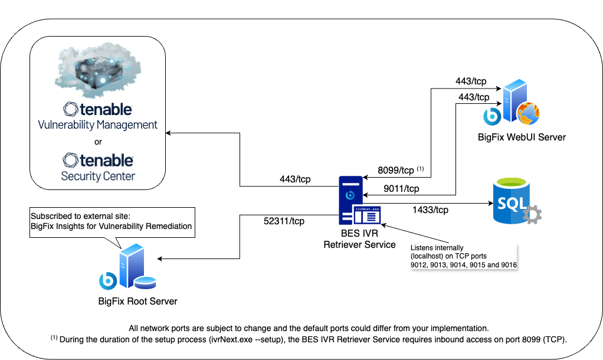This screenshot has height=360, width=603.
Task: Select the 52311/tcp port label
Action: (284, 221)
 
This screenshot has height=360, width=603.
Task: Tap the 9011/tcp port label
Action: (401, 189)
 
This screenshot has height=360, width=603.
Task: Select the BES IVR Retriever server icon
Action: (350, 200)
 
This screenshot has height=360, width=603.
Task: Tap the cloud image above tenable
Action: (98, 71)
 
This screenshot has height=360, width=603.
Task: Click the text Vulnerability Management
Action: (98, 125)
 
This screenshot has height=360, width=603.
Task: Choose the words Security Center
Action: (98, 176)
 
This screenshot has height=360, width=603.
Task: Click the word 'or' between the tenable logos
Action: (98, 142)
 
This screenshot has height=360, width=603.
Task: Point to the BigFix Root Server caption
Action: (137, 302)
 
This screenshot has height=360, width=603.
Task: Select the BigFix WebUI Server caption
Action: (522, 138)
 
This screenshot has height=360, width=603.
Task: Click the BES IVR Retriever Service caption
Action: (359, 239)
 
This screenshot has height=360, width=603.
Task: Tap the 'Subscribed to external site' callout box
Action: (112, 221)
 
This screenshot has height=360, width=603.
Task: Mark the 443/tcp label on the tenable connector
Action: (295, 179)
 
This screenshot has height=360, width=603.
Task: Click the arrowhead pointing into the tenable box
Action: (169, 132)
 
